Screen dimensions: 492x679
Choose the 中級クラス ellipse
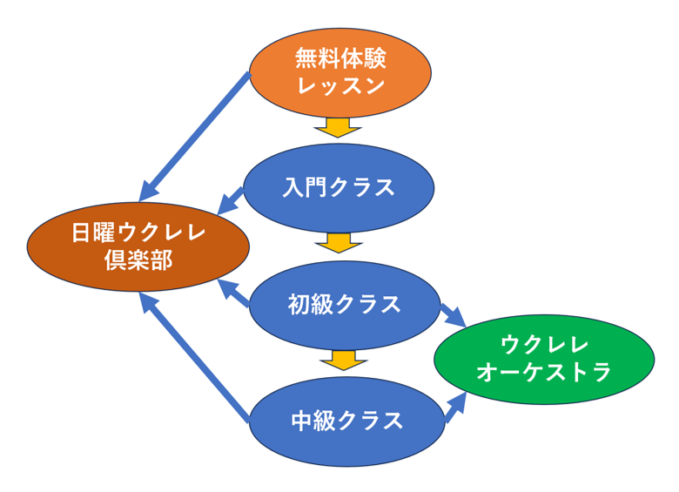[346, 421]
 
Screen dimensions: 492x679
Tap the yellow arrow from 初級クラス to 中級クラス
[339, 359]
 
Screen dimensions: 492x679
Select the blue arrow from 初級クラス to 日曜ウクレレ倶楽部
[234, 294]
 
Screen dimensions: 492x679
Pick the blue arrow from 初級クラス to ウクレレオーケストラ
[453, 314]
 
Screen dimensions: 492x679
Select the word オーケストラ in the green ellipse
[544, 372]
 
